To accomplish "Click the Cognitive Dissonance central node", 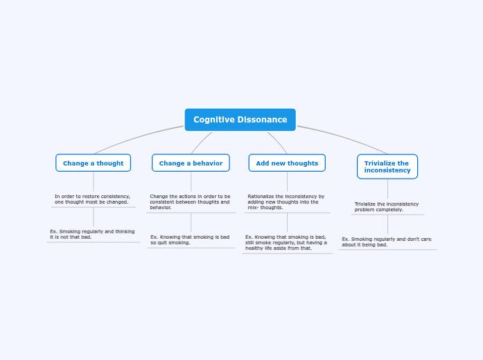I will click(240, 120).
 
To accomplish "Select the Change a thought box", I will click(93, 163).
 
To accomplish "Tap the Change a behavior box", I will click(191, 163).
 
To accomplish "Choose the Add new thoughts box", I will click(287, 163).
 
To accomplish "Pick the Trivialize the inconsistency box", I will click(387, 167).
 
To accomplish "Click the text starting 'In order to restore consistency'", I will click(92, 199).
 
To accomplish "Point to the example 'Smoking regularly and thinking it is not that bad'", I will click(92, 234).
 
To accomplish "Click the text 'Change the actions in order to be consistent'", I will click(190, 201).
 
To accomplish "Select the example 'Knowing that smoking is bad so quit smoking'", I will click(190, 240).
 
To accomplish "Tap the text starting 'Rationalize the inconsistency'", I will click(286, 201).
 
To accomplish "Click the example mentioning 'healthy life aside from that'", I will click(286, 242).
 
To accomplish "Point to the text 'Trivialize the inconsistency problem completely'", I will click(387, 207).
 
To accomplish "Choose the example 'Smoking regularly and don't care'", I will click(387, 242).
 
